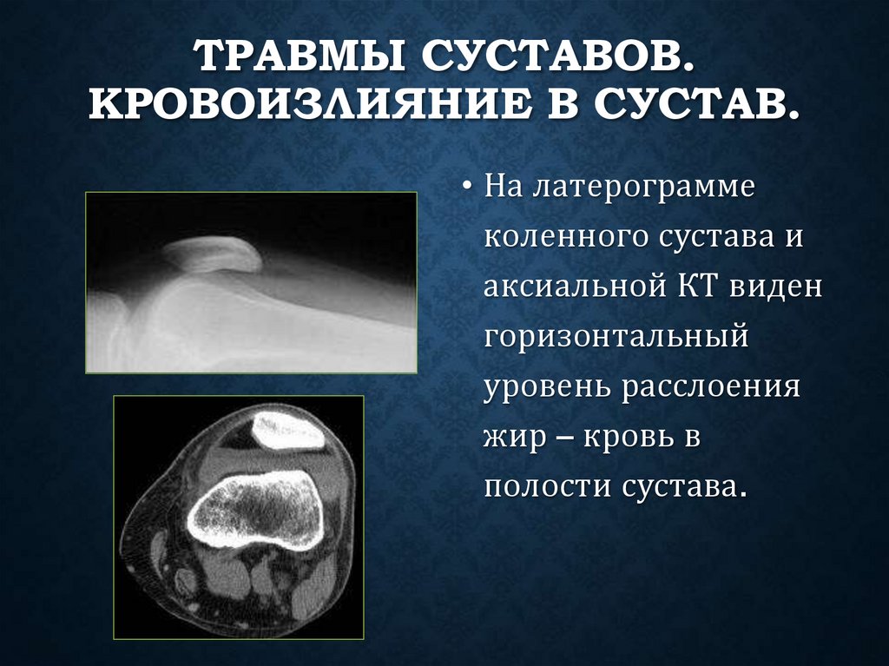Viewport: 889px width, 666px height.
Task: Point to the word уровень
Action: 547,386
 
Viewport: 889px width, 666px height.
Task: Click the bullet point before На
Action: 467,188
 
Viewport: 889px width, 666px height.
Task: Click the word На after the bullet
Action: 504,187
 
